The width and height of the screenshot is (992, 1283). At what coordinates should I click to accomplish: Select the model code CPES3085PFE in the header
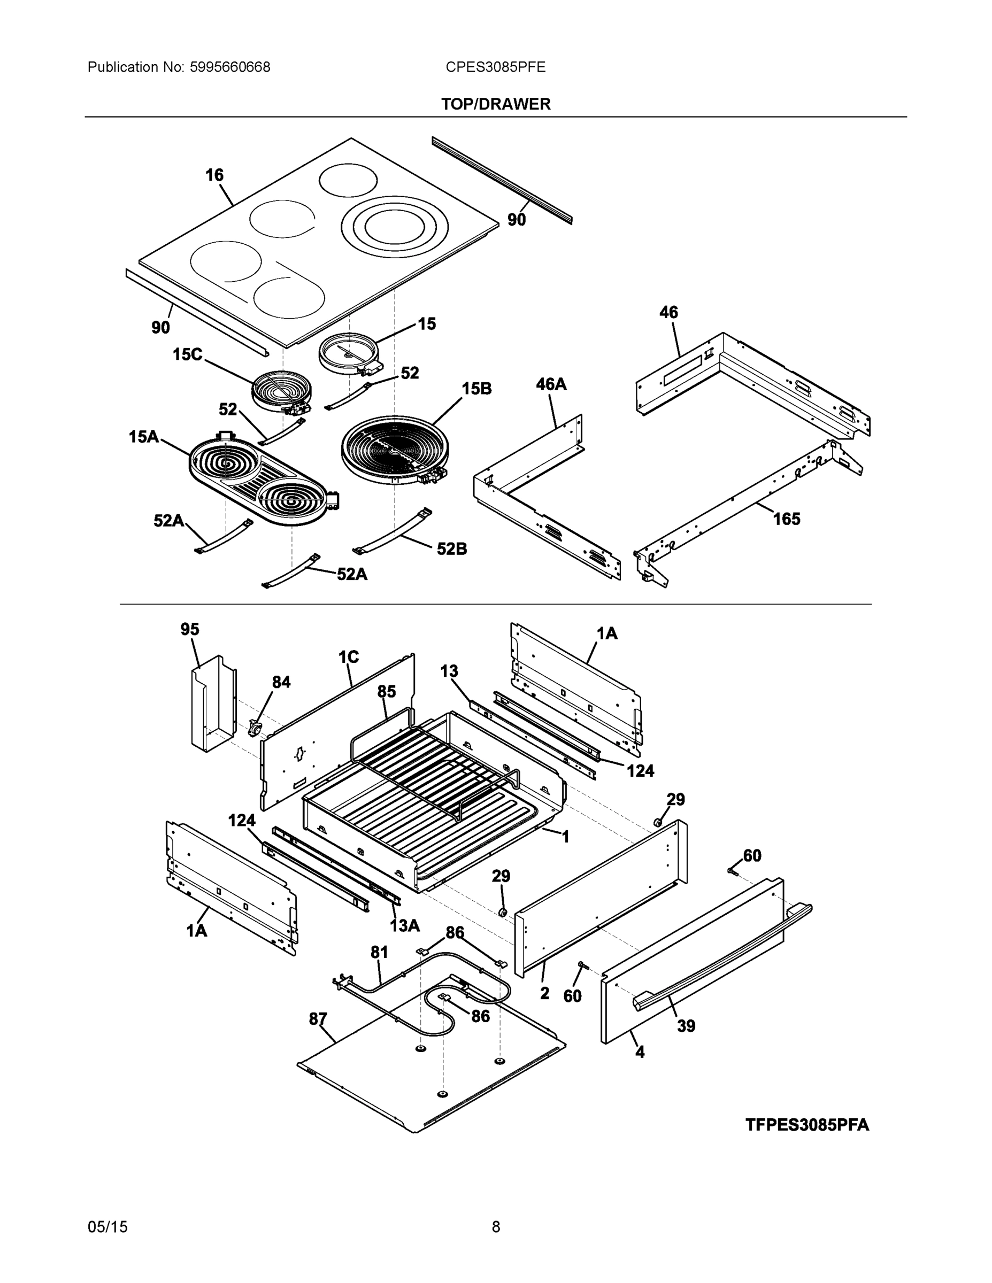click(x=495, y=67)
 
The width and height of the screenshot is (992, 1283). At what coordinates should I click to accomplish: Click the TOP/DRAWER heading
click(x=495, y=104)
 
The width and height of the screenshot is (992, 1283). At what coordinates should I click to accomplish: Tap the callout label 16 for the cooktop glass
click(x=214, y=174)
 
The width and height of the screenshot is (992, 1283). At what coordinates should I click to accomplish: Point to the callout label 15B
click(x=476, y=388)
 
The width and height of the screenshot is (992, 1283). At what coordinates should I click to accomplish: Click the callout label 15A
click(x=144, y=436)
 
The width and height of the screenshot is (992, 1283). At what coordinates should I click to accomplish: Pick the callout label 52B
click(x=451, y=548)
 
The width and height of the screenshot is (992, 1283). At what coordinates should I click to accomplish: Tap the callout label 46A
click(x=551, y=384)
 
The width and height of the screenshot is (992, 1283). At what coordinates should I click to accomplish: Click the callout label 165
click(x=786, y=519)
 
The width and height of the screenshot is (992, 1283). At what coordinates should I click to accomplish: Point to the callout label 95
click(x=190, y=629)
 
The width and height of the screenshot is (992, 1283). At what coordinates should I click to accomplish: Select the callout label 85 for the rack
click(x=386, y=691)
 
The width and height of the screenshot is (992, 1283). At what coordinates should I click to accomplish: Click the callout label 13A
click(x=405, y=925)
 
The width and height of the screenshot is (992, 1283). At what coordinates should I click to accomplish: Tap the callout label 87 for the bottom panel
click(x=318, y=1018)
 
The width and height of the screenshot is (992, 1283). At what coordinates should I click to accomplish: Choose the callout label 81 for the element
click(x=379, y=952)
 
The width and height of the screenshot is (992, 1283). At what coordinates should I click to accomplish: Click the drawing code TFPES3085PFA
click(x=806, y=1124)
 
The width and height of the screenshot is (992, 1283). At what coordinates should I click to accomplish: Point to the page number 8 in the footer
click(x=495, y=1227)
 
